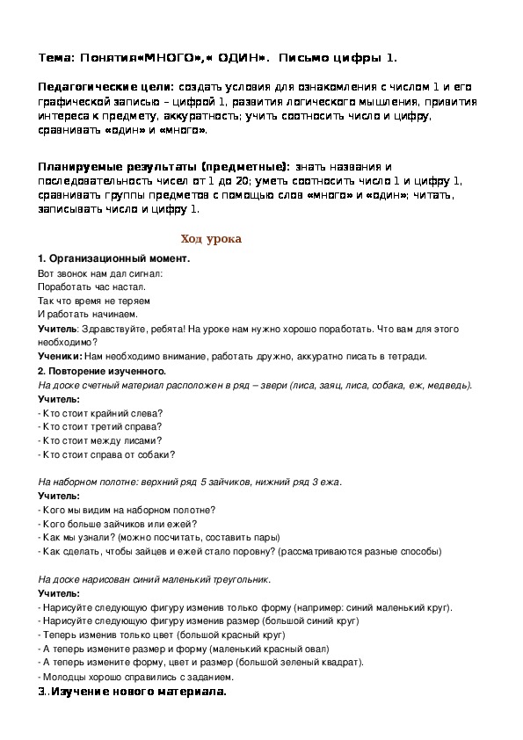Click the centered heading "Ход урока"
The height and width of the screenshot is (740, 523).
click(210, 239)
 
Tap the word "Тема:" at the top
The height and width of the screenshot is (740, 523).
click(56, 58)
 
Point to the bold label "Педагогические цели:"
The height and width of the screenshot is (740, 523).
click(105, 90)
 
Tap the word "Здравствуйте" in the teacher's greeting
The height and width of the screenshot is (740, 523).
click(110, 329)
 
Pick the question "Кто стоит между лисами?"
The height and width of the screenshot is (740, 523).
click(102, 440)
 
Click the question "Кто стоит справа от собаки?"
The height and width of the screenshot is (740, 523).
click(108, 454)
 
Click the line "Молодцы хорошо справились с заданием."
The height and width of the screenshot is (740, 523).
click(136, 678)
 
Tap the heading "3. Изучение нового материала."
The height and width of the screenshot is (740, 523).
click(133, 693)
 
